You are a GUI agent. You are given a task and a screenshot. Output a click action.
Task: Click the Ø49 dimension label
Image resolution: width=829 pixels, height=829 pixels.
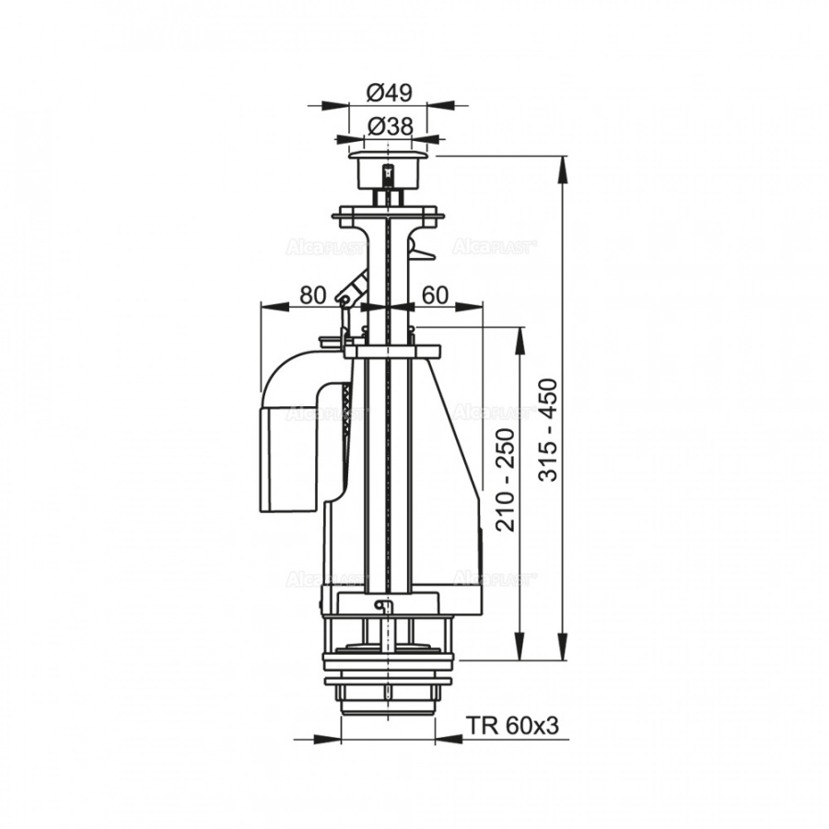point(388,92)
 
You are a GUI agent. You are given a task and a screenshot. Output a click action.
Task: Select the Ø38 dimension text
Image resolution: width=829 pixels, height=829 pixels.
point(388,126)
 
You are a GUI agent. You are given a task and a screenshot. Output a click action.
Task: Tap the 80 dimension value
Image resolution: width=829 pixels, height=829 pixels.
point(313,295)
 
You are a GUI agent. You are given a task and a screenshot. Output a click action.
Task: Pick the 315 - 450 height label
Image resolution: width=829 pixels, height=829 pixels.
point(547,430)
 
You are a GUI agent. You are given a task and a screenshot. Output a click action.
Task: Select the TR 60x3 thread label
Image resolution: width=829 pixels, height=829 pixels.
point(512,726)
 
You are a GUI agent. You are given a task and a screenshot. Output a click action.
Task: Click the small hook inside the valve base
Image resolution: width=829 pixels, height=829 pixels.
point(385,605)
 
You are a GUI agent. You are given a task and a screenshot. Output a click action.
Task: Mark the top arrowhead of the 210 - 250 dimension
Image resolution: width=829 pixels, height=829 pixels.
point(521,336)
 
